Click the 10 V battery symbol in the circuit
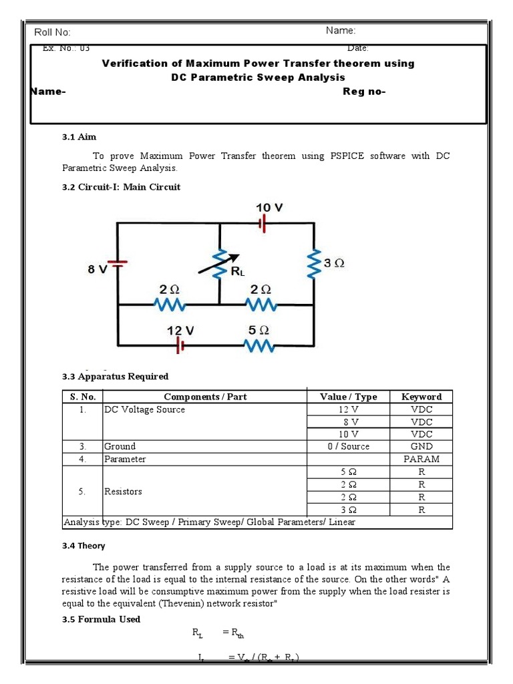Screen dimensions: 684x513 pyautogui.click(x=263, y=224)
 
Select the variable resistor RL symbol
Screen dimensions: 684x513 pyautogui.click(x=220, y=265)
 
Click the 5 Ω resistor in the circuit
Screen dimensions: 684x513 pyautogui.click(x=259, y=345)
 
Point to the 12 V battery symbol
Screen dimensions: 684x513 pyautogui.click(x=179, y=345)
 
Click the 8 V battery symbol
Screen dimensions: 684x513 pyautogui.click(x=118, y=264)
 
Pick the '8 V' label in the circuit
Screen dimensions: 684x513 pyautogui.click(x=98, y=270)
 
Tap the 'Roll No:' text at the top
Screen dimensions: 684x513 pyautogui.click(x=52, y=33)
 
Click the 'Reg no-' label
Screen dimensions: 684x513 pyautogui.click(x=364, y=92)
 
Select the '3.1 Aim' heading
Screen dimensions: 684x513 pyautogui.click(x=79, y=137)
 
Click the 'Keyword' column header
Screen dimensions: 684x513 pyautogui.click(x=421, y=397)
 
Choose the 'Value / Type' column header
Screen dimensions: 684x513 pyautogui.click(x=348, y=397)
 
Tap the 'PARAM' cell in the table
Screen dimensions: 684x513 pyautogui.click(x=421, y=460)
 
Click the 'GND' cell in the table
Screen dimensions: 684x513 pyautogui.click(x=421, y=447)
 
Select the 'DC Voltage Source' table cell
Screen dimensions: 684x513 pyautogui.click(x=144, y=409)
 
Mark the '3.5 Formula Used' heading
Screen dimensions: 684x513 pyautogui.click(x=102, y=619)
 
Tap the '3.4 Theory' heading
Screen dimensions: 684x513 pyautogui.click(x=83, y=546)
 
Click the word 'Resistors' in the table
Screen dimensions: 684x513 pyautogui.click(x=123, y=492)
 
